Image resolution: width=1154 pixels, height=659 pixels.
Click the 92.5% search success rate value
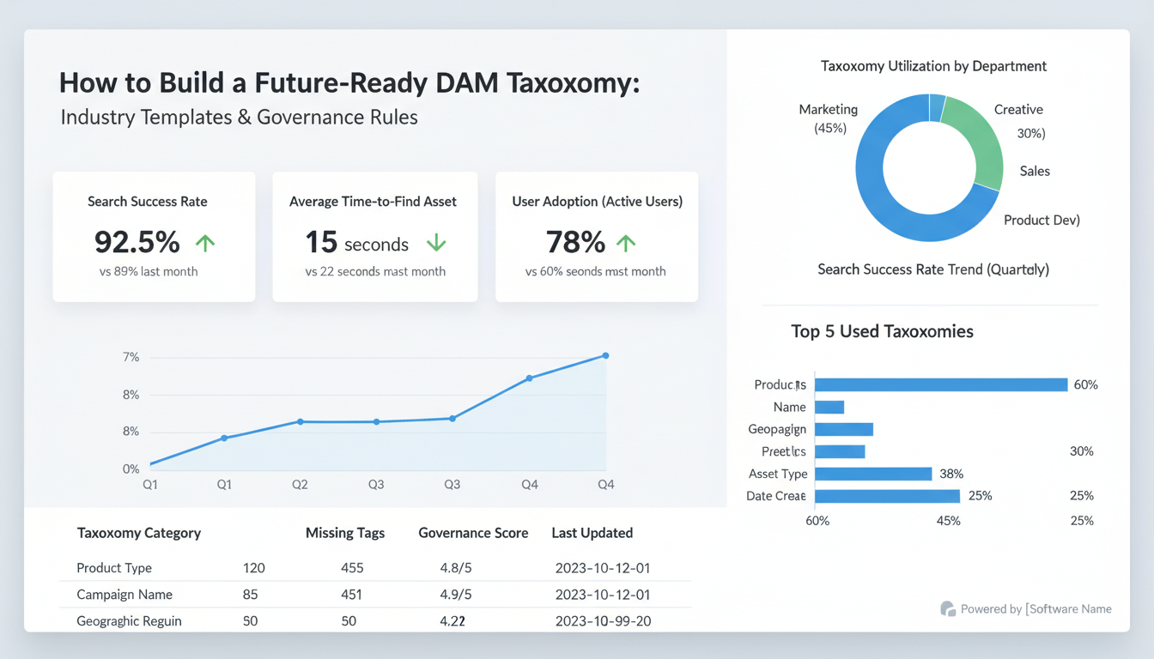pos(137,243)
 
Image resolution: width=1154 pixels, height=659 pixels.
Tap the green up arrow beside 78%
pos(626,244)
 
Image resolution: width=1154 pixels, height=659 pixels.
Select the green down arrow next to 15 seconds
pos(436,244)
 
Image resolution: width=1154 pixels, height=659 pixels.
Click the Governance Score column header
pos(473,533)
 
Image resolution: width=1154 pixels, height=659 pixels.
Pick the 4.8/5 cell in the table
pos(456,568)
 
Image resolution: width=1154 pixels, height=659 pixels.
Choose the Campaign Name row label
pos(125,595)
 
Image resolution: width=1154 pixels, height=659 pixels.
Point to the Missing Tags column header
pos(345,533)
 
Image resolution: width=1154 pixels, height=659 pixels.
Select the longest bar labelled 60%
pos(940,384)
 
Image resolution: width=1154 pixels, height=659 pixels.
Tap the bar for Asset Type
pos(872,474)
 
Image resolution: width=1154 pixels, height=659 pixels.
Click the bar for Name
pos(829,407)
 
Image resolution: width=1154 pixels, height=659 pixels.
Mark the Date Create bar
pos(886,496)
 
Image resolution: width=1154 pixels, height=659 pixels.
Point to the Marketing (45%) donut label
pos(829,118)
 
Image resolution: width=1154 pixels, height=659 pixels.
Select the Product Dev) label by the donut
pos(1042,221)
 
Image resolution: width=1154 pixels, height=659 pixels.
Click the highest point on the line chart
pos(605,355)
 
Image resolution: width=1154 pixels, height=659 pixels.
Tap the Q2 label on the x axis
pos(300,485)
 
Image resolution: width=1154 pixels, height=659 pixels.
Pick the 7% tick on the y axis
pos(131,357)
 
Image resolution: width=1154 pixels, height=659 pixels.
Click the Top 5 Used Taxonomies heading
pos(882,331)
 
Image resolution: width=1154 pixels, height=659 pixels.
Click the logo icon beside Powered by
pos(948,609)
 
